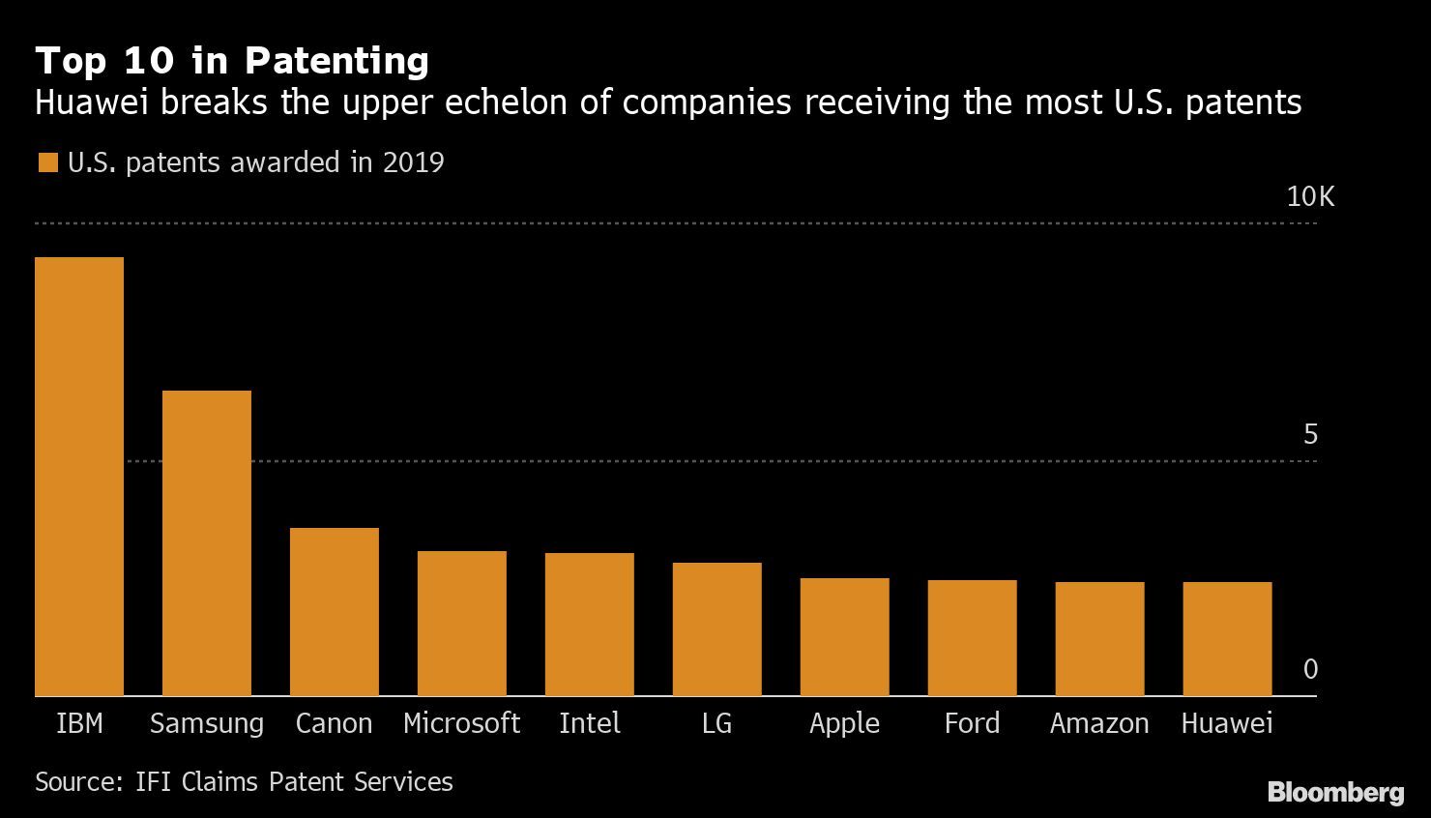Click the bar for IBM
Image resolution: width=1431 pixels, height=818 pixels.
coord(79,476)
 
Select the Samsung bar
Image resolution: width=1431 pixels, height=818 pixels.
coord(207,542)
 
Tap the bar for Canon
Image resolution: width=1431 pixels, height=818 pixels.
coord(335,611)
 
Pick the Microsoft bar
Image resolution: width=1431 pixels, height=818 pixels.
coord(462,623)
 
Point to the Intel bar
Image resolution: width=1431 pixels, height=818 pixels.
coord(590,624)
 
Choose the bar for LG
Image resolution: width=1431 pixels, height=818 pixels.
coord(717,628)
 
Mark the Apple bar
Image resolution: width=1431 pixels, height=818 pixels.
coord(845,636)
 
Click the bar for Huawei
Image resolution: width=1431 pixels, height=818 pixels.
coord(1228,638)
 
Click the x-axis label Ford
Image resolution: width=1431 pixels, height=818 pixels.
coord(972,723)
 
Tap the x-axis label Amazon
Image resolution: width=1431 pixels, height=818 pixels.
coord(1099,723)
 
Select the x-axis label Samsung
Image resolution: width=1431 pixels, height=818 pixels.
coord(207,724)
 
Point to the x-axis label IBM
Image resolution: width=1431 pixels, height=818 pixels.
coord(79,723)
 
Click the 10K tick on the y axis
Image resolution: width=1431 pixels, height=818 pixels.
coord(1309,197)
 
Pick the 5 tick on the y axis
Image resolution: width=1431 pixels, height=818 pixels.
coord(1310,435)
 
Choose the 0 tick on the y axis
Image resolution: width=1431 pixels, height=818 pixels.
coord(1310,669)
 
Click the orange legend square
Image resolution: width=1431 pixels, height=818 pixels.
coord(47,162)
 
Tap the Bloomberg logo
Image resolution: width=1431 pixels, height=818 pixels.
coord(1335,793)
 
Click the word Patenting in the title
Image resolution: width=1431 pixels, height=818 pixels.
coord(336,61)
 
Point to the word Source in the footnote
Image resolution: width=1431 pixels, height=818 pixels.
coord(75,781)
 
